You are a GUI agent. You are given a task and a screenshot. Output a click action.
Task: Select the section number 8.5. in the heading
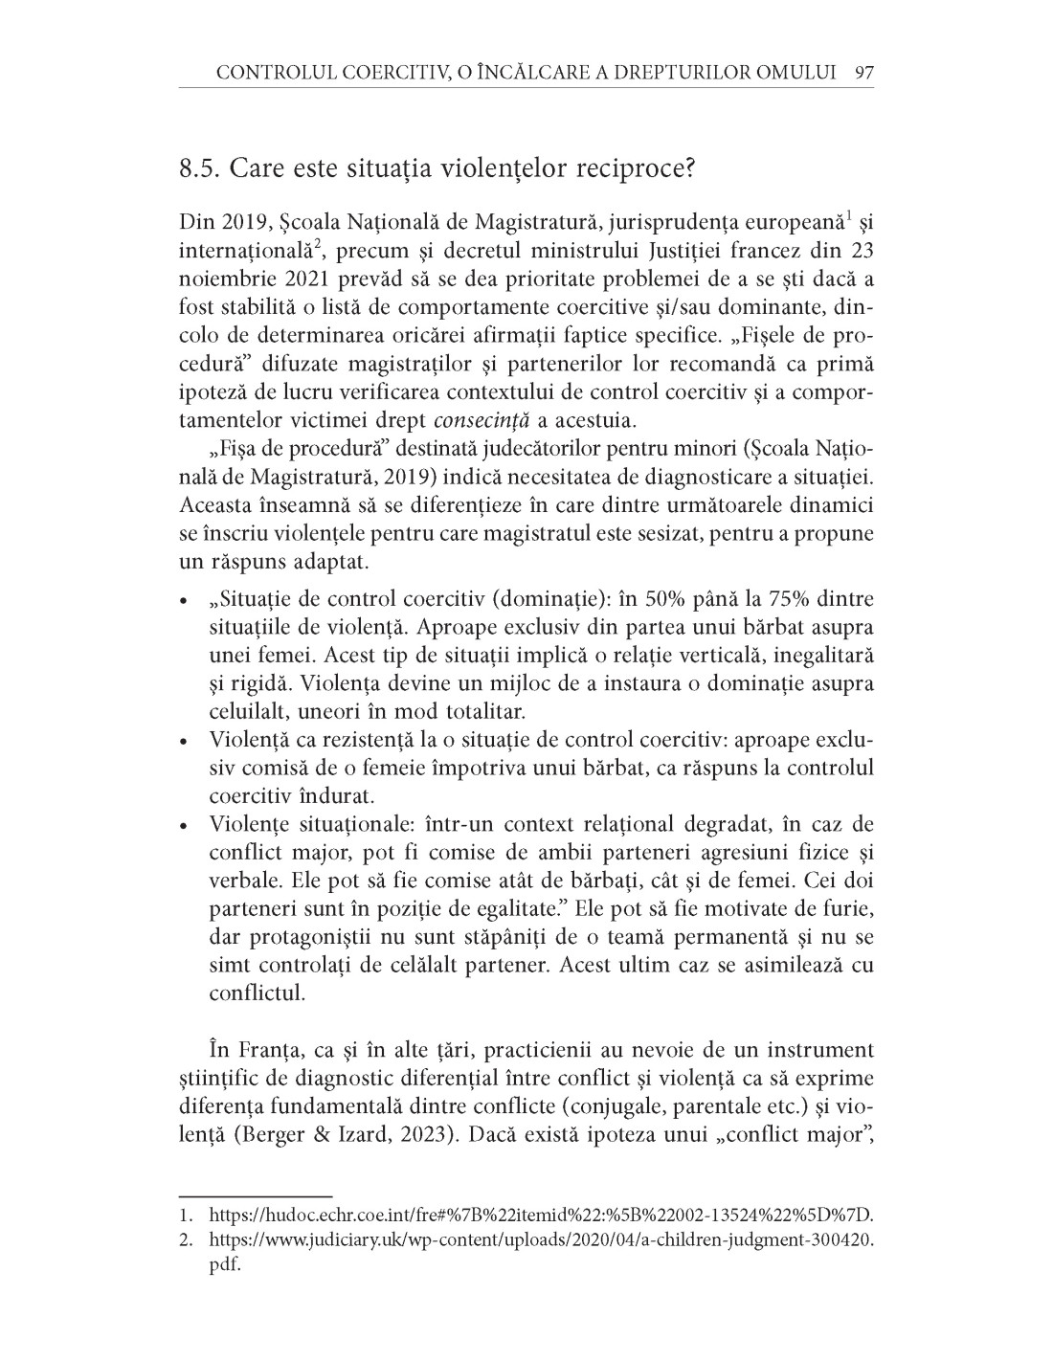point(201,170)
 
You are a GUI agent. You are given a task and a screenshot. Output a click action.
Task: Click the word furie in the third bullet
point(845,906)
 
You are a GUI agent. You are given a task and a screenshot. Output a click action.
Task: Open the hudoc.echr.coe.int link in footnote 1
point(541,1217)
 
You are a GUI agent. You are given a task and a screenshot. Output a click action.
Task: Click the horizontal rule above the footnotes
point(255,1195)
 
